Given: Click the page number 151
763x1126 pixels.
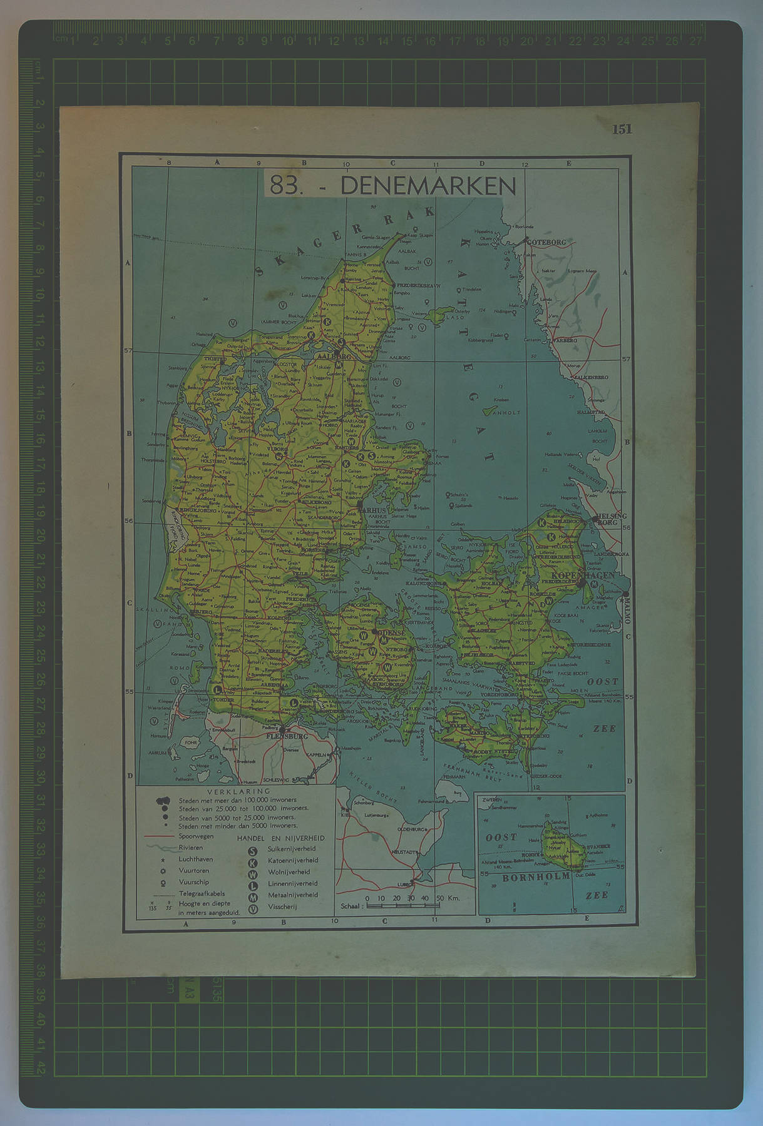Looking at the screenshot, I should [622, 129].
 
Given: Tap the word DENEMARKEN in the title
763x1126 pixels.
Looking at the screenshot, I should [428, 186].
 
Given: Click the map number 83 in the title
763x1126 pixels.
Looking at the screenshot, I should [283, 186].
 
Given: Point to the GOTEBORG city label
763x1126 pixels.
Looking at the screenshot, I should [548, 242].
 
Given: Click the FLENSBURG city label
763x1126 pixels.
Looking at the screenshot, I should [287, 736].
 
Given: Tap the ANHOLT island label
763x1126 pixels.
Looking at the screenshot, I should [508, 413].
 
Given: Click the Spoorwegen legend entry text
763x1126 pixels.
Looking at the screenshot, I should [196, 836].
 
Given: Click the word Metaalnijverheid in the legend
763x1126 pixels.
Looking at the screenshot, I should [293, 895].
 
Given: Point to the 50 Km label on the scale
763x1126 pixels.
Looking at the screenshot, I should [448, 898].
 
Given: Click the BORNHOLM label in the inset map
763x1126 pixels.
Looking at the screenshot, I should [536, 876].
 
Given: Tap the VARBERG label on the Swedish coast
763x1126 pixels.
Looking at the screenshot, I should [565, 341].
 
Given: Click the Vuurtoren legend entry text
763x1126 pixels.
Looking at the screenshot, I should [194, 870].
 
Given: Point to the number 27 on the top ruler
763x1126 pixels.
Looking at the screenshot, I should [695, 41].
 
